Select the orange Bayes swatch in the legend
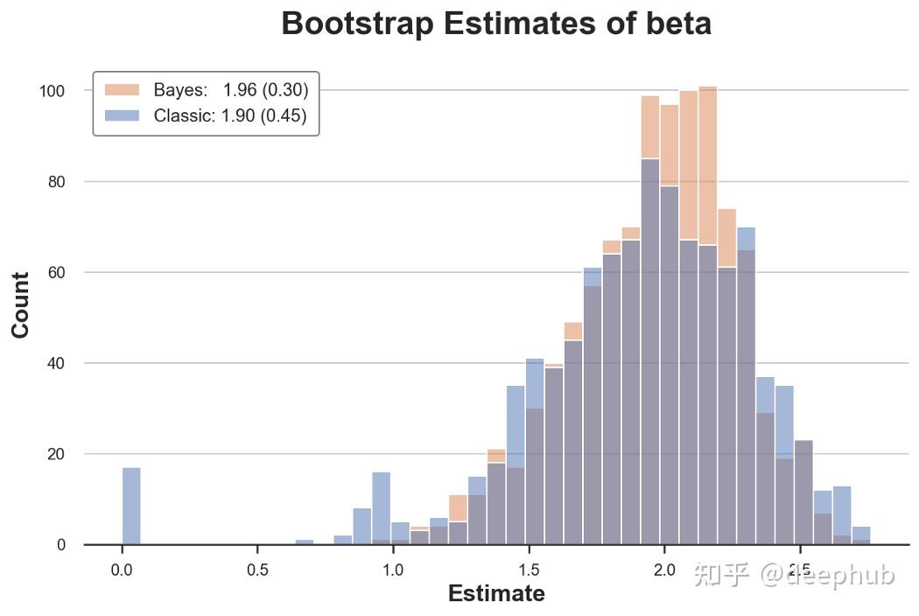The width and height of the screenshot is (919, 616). pos(122,90)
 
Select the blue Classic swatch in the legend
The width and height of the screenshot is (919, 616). pos(122,115)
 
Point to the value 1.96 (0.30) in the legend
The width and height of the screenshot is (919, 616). pos(265,90)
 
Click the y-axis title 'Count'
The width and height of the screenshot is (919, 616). pos(20,304)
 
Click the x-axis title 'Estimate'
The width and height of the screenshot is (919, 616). pos(496,594)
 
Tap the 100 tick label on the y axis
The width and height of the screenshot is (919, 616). pos(53,91)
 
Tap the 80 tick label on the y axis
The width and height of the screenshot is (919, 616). pos(57,182)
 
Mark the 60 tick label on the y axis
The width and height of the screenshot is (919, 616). pos(57,273)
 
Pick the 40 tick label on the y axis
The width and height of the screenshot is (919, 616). pos(57,363)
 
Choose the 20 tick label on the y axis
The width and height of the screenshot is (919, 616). pos(57,454)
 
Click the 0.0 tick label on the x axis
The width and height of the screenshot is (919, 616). pos(122,570)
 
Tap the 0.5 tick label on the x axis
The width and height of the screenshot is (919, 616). pos(257,570)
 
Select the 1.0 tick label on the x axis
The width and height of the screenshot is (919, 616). pos(393,570)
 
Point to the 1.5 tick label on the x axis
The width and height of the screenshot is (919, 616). pos(529,570)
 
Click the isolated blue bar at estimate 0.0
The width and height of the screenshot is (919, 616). pos(131,507)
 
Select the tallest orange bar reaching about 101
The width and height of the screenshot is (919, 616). pos(708,175)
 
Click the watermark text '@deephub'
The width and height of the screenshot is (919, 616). pos(826,575)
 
